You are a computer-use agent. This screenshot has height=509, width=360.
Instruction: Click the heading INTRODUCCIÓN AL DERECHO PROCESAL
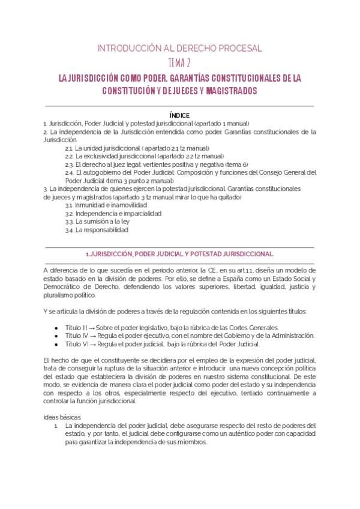point(179,48)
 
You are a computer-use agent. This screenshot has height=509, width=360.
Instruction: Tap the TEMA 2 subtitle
point(179,64)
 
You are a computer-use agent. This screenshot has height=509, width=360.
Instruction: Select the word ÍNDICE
point(179,115)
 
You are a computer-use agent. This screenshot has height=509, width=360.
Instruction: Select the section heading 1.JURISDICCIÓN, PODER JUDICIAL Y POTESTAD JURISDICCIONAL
point(179,254)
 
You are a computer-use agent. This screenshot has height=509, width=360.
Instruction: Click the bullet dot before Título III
point(56,328)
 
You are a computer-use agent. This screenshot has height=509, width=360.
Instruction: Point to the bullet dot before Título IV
point(56,336)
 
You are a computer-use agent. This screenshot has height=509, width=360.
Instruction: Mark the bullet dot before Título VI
point(56,345)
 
